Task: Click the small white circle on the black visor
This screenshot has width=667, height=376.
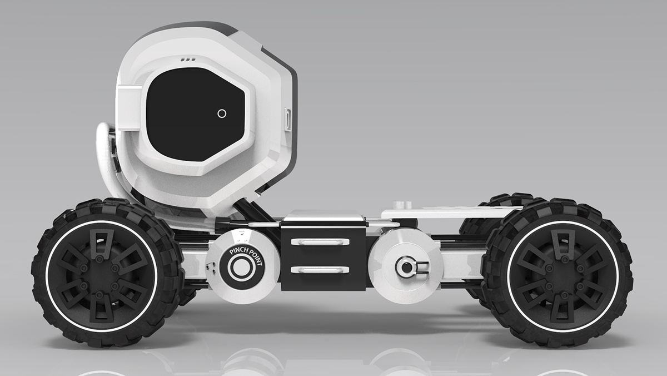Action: (222, 113)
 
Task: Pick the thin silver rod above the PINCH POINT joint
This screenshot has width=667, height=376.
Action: (261, 224)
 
